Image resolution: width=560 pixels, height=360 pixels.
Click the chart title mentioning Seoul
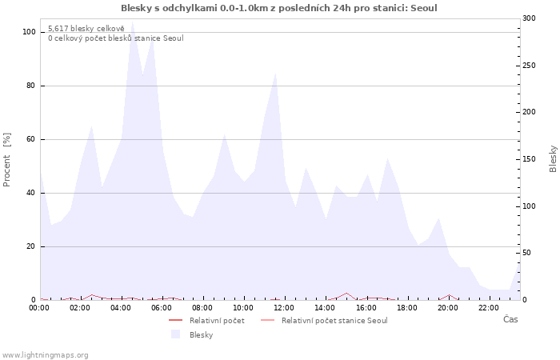pyautogui.click(x=279, y=8)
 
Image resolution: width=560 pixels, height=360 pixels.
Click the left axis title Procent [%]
pyautogui.click(x=7, y=159)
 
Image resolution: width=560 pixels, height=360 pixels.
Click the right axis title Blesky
pyautogui.click(x=553, y=158)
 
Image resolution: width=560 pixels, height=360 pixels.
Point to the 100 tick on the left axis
pyautogui.click(x=29, y=32)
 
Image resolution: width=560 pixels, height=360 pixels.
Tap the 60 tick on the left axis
pyautogui.click(x=31, y=139)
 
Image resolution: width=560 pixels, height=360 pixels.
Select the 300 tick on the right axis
pyautogui.click(x=529, y=18)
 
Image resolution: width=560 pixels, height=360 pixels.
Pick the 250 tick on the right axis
pyautogui.click(x=529, y=65)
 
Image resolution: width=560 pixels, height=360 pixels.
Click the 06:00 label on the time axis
pyautogui.click(x=162, y=307)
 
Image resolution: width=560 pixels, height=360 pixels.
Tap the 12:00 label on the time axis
pyautogui.click(x=284, y=307)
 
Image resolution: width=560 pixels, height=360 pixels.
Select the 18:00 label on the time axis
pyautogui.click(x=406, y=307)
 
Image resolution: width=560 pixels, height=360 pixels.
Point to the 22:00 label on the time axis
pyautogui.click(x=488, y=307)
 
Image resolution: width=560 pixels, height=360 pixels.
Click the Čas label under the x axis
pyautogui.click(x=510, y=320)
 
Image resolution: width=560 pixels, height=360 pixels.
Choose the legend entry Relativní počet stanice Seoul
pyautogui.click(x=334, y=321)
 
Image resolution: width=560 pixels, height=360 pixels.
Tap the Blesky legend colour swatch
pyautogui.click(x=175, y=334)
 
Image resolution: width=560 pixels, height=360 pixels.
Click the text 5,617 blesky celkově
pyautogui.click(x=80, y=28)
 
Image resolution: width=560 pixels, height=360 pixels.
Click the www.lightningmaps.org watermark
pyautogui.click(x=45, y=355)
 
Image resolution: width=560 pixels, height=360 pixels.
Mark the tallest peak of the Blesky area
pyautogui.click(x=132, y=22)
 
